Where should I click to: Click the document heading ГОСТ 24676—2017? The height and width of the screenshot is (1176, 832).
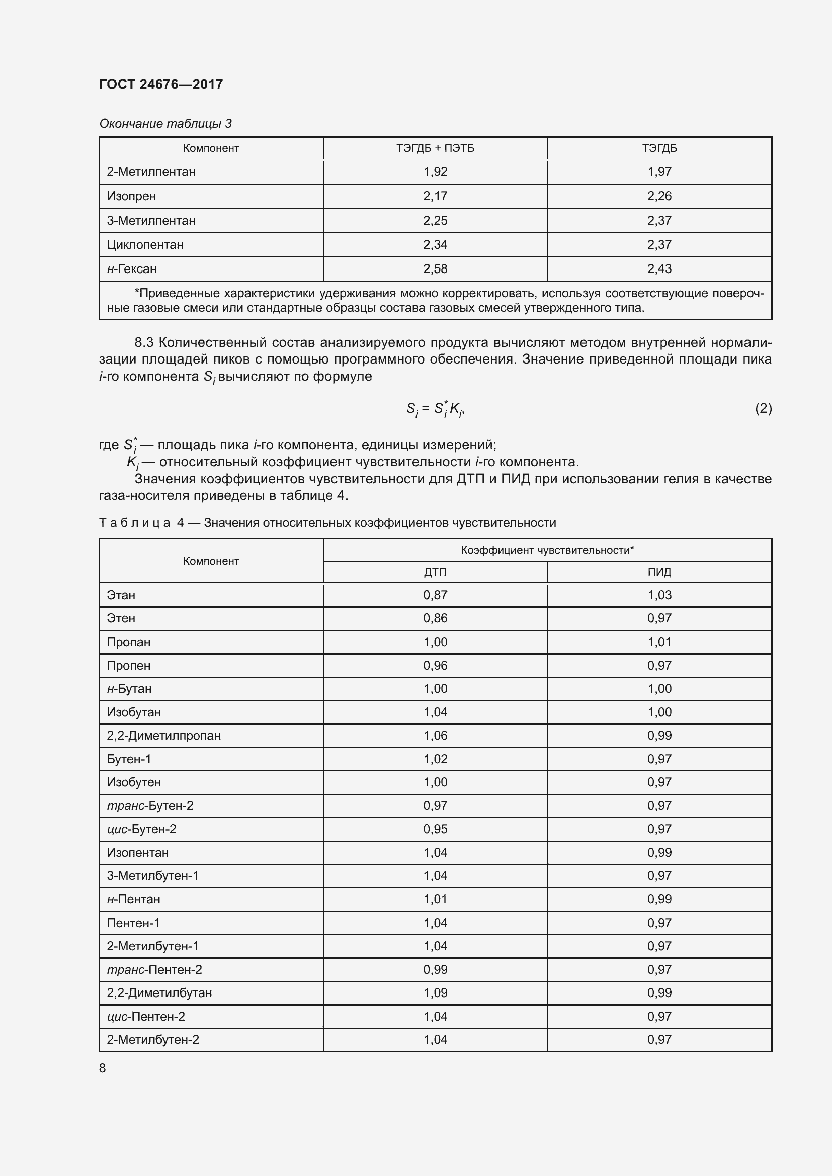coord(161,84)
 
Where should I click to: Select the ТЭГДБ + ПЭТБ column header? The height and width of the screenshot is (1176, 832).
coord(435,148)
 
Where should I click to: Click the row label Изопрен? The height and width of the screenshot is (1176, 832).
coord(131,196)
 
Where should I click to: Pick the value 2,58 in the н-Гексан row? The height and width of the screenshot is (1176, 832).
coord(435,269)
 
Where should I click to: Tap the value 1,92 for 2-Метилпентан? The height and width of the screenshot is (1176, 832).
coord(435,172)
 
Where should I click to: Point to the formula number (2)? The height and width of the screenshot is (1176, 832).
coord(763,408)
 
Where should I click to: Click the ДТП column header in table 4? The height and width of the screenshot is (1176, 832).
coord(435,572)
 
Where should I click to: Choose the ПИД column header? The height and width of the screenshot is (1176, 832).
coord(659,572)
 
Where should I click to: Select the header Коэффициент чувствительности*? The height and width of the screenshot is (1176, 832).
coord(547,550)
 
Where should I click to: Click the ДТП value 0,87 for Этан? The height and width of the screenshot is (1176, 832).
coord(435,595)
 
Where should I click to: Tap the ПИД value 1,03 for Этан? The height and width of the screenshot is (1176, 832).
coord(659,595)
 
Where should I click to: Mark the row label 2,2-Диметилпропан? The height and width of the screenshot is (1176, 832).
coord(163,736)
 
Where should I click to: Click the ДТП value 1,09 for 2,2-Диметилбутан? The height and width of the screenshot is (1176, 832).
coord(435,992)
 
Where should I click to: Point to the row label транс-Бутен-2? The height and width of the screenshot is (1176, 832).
coord(150,805)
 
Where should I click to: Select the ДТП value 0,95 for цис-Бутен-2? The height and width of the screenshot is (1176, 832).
coord(435,829)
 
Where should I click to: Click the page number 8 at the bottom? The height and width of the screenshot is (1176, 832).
coord(103,1068)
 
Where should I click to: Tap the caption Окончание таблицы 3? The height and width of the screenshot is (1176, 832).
coord(165,124)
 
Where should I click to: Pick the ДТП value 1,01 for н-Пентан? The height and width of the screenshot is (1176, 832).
coord(435,899)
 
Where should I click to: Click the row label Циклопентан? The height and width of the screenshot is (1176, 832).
coord(145,245)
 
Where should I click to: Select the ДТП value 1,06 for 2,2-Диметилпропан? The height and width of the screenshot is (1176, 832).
coord(435,736)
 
